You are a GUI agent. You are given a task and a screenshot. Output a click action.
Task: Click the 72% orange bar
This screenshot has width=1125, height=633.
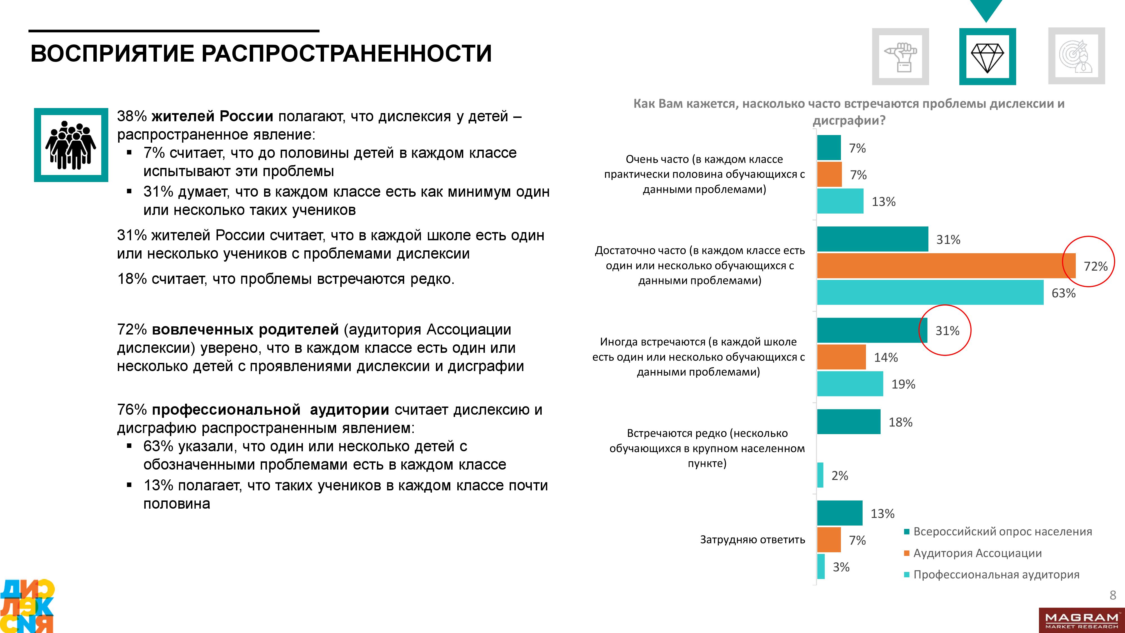click(946, 266)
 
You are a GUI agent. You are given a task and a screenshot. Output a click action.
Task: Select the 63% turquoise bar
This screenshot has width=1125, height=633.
click(930, 292)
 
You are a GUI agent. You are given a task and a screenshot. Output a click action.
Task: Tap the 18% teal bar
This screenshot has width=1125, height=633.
click(849, 421)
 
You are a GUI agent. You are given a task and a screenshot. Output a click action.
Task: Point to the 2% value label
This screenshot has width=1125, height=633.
click(839, 475)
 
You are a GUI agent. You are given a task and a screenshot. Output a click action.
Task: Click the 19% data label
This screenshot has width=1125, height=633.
click(903, 384)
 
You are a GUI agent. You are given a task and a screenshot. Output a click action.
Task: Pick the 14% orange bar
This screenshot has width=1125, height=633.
click(841, 357)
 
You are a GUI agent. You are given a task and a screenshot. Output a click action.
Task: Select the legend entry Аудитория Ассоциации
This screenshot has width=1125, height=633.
click(977, 553)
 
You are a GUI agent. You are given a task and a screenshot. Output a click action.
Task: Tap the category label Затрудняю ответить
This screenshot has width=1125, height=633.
click(752, 540)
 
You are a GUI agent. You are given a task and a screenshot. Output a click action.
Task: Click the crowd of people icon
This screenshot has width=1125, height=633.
click(71, 145)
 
